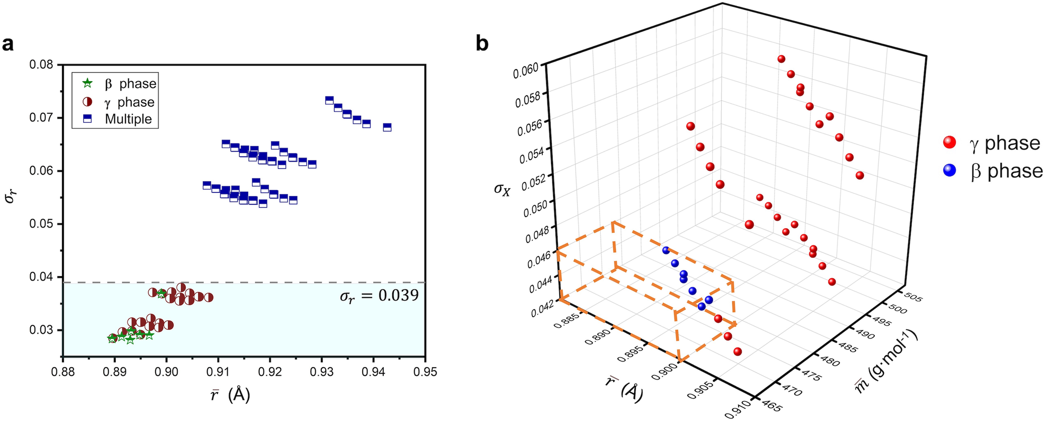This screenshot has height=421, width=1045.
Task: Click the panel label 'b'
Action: (x=482, y=44)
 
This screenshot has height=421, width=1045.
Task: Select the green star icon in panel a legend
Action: (x=88, y=83)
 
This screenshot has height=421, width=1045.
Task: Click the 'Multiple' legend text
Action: (x=128, y=119)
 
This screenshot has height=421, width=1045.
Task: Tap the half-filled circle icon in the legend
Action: (x=88, y=102)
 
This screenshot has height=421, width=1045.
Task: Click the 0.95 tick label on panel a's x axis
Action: (x=426, y=372)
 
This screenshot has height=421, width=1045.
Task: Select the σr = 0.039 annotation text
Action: (x=379, y=296)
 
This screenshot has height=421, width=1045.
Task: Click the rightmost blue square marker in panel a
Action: (x=387, y=127)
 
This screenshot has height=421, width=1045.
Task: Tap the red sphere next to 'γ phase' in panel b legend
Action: (x=949, y=143)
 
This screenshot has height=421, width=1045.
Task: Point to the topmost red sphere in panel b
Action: (x=781, y=59)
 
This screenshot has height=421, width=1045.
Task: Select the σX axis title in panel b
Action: (x=502, y=189)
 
